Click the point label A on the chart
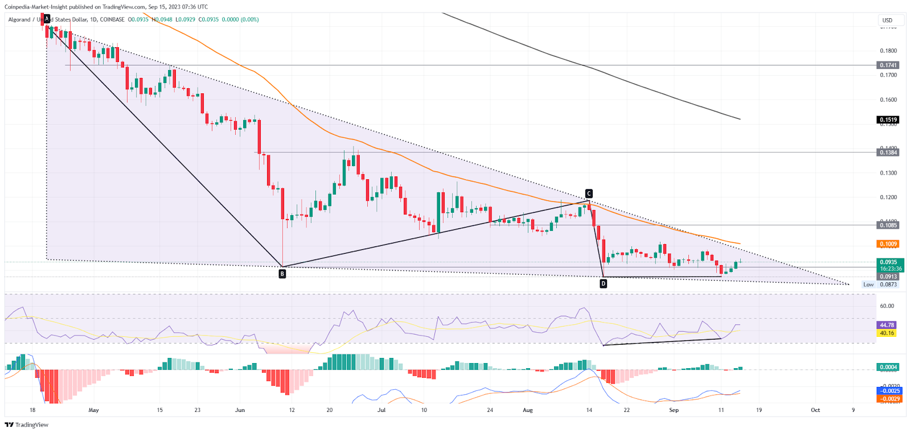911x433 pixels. tap(47, 19)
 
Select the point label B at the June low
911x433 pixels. tap(282, 274)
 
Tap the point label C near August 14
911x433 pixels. tap(589, 193)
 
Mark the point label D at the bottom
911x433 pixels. tap(604, 283)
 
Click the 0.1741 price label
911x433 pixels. tap(888, 65)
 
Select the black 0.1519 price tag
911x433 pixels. tap(888, 120)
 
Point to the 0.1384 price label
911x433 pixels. tap(888, 152)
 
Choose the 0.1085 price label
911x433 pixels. tap(888, 225)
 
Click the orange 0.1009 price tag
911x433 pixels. tap(888, 244)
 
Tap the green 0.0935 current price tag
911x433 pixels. tap(888, 262)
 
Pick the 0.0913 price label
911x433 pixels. tap(888, 277)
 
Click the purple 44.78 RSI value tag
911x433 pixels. tap(887, 325)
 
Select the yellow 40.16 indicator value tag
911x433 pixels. tap(887, 333)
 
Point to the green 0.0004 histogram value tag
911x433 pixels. tap(888, 367)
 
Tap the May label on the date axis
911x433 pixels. tap(94, 410)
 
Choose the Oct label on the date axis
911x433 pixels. tap(815, 410)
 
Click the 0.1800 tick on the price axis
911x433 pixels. tap(888, 51)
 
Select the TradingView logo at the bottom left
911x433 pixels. tap(27, 425)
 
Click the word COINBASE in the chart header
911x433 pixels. tap(112, 19)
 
